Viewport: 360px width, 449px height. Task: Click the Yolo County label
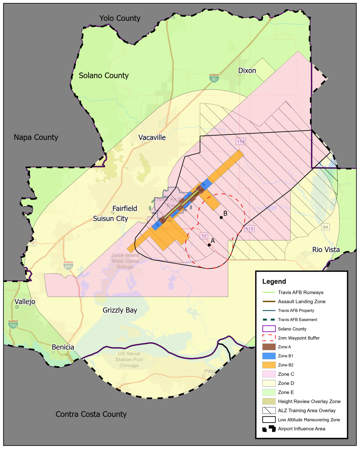point(120,18)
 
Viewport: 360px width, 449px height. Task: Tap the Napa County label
point(36,137)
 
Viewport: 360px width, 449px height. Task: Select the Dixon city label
point(247,71)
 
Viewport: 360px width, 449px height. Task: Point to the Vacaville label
point(152,138)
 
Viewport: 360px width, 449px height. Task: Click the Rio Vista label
point(326,250)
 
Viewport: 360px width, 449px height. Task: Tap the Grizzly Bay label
point(120,310)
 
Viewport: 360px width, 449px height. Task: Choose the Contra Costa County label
point(91,414)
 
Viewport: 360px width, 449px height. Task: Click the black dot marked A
point(209,245)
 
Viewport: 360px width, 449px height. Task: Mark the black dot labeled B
point(221,218)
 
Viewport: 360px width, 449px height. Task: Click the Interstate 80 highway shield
point(214,78)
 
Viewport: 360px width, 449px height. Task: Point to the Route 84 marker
point(325,227)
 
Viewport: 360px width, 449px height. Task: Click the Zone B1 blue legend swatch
point(269,356)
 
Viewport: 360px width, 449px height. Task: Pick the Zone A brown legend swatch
point(269,347)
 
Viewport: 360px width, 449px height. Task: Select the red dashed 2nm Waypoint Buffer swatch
point(269,338)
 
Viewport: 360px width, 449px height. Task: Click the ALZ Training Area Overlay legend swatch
point(269,410)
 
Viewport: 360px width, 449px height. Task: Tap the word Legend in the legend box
point(274,281)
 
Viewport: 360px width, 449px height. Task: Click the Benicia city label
point(63,347)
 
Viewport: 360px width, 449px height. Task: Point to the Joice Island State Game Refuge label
point(125,261)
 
